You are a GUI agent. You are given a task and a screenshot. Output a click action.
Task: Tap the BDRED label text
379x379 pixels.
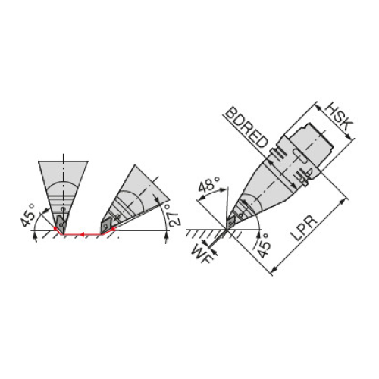[x=246, y=128]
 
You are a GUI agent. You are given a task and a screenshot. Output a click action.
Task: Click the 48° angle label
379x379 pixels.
[x=209, y=184]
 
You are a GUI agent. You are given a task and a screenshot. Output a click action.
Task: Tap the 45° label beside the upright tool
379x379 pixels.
[x=27, y=215]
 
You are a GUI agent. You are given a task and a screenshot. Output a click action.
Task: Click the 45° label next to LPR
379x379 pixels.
[x=265, y=246]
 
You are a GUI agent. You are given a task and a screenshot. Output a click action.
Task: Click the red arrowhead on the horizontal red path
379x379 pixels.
[x=82, y=235]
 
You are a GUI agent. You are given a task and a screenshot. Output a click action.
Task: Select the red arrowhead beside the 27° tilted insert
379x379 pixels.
[x=113, y=230]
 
